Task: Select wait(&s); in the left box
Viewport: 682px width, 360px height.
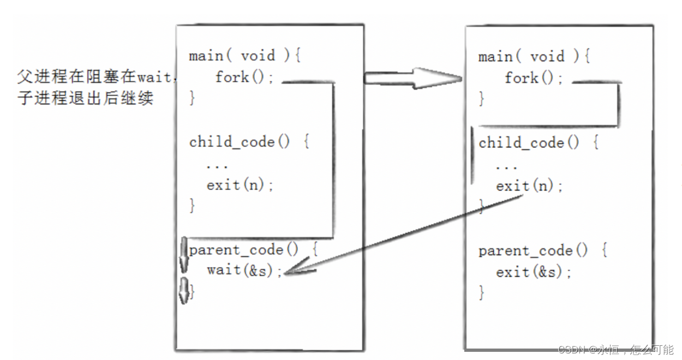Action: click(x=244, y=270)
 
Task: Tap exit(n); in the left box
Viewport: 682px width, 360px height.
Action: click(x=240, y=185)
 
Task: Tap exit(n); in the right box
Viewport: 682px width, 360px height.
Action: click(x=529, y=186)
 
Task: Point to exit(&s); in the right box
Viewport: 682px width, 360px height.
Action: click(x=534, y=272)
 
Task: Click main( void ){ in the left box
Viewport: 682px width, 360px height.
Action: click(x=244, y=56)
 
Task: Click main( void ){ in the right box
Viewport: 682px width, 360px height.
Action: click(x=534, y=57)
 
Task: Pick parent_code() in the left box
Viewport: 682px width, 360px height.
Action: click(x=244, y=250)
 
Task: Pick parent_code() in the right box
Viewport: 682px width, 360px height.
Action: click(x=534, y=251)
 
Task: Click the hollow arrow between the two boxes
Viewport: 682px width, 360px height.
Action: click(x=413, y=79)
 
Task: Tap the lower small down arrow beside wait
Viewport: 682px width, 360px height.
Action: click(x=184, y=290)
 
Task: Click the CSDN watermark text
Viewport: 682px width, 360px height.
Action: click(x=616, y=350)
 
